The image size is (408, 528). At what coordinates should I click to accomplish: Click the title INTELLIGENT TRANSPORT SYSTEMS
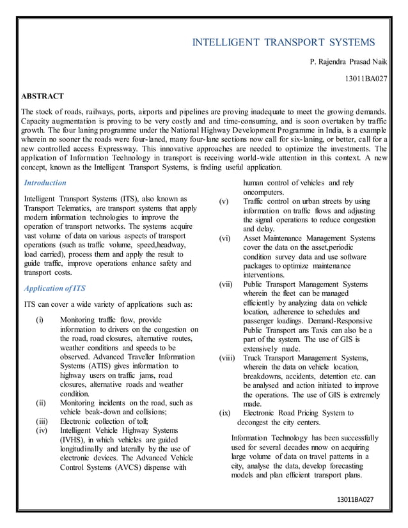[x=285, y=43]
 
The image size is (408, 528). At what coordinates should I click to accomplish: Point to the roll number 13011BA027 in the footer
[x=356, y=498]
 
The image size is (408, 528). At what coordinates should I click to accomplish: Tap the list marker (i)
[x=40, y=320]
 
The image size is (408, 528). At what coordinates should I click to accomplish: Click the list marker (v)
[x=224, y=202]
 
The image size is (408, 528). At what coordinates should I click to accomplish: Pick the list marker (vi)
[x=225, y=238]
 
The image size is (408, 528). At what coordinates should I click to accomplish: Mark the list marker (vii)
[x=226, y=284]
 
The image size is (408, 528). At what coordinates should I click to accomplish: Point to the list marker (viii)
[x=228, y=359]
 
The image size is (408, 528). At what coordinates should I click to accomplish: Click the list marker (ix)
[x=225, y=413]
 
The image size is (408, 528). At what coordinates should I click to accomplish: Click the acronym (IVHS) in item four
[x=74, y=440]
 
